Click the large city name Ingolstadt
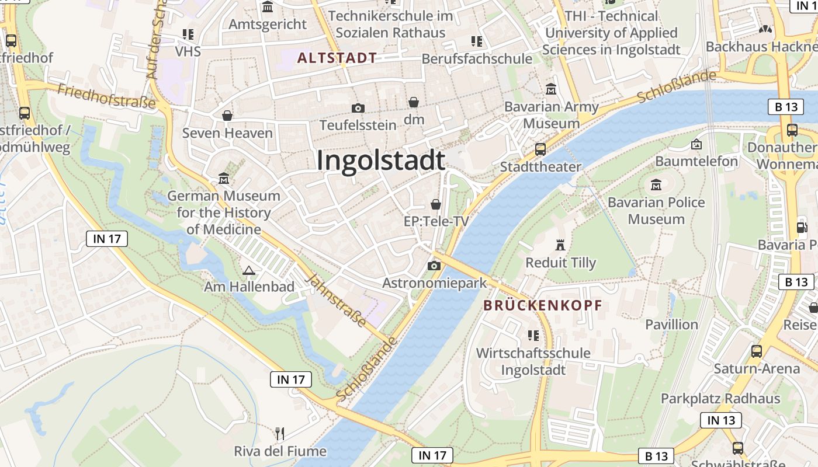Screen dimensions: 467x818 coord(381,161)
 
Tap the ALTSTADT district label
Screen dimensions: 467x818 coord(337,58)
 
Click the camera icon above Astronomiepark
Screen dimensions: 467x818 coord(434,266)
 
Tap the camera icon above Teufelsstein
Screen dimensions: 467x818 coord(358,108)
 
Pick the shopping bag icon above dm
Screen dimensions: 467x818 coord(414,103)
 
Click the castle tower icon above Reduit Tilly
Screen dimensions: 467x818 coord(560,245)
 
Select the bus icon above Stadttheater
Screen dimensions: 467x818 coord(540,149)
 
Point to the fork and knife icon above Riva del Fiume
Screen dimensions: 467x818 coord(280,433)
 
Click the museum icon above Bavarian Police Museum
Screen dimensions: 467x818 coord(656,185)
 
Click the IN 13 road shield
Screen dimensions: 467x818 coord(721,420)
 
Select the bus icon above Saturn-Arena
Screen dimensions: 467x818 coord(757,351)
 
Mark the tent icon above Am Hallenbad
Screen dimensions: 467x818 coord(249,270)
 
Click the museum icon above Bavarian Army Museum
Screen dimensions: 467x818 coord(551,89)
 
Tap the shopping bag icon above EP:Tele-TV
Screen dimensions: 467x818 coord(436,204)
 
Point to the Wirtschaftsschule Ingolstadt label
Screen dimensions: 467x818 coord(533,361)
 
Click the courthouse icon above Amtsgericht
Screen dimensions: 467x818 coord(268,7)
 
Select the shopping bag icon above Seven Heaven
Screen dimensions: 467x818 coord(227,116)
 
